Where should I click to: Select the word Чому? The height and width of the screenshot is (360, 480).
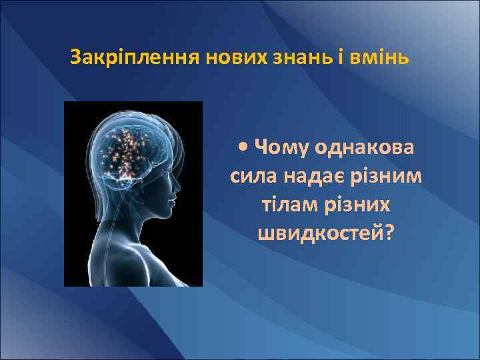click(x=281, y=147)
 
